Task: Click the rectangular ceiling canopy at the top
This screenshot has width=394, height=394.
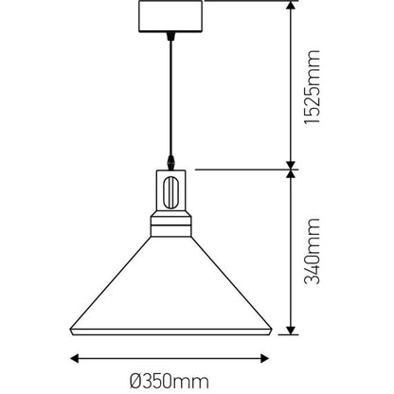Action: (170, 17)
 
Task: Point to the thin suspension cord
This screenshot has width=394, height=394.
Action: (170, 95)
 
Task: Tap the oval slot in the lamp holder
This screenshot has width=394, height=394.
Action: (170, 192)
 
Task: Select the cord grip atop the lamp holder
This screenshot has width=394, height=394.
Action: (170, 163)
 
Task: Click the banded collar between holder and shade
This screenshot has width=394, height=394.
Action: (170, 227)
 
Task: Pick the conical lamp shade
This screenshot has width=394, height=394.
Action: (170, 284)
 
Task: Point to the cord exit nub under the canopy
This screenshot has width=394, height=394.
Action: (170, 38)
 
